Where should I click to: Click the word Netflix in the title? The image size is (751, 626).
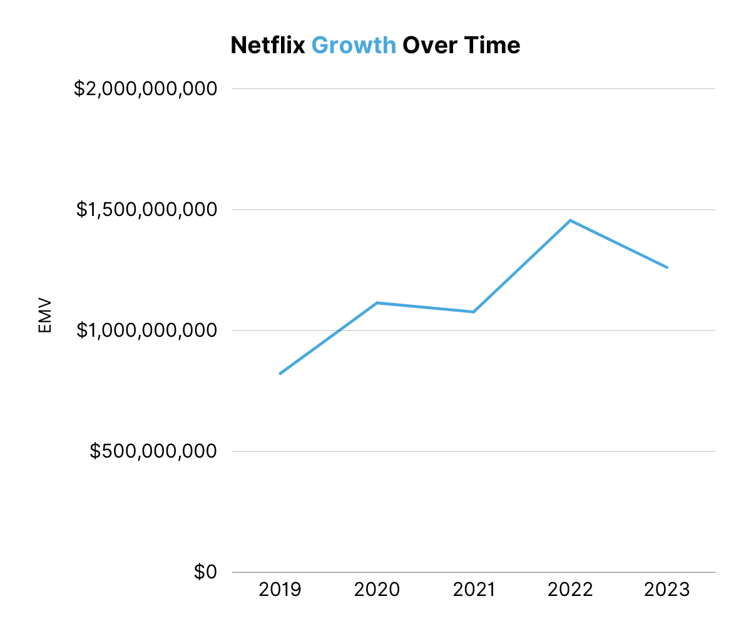pyautogui.click(x=267, y=45)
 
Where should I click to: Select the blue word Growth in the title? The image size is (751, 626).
pyautogui.click(x=354, y=45)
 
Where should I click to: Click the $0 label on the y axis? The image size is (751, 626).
pyautogui.click(x=205, y=572)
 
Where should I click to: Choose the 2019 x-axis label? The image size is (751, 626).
pyautogui.click(x=280, y=590)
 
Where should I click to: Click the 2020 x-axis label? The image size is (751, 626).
pyautogui.click(x=377, y=590)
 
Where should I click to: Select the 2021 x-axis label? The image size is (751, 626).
pyautogui.click(x=473, y=590)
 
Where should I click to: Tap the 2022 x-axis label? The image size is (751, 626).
pyautogui.click(x=570, y=590)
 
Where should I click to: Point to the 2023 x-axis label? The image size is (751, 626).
pyautogui.click(x=667, y=590)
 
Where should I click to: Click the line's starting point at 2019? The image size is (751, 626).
pyautogui.click(x=280, y=374)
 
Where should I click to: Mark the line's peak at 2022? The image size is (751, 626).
pyautogui.click(x=570, y=220)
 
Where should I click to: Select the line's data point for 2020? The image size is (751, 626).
pyautogui.click(x=377, y=303)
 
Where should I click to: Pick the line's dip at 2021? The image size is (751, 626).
pyautogui.click(x=473, y=312)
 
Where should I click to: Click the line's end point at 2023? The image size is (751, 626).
pyautogui.click(x=667, y=267)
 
